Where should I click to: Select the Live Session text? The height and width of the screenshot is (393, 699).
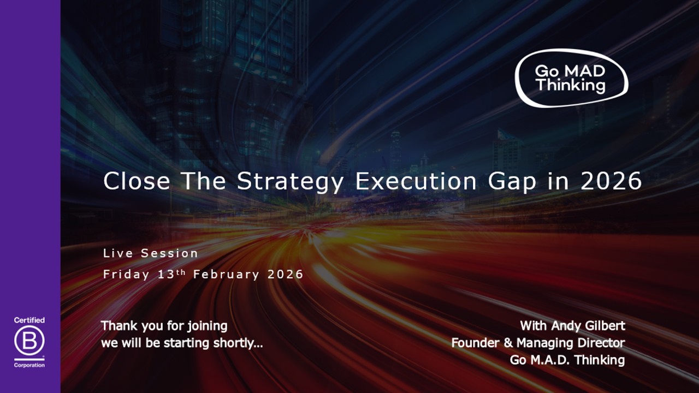[151, 253]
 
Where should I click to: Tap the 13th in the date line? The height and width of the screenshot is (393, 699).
[171, 274]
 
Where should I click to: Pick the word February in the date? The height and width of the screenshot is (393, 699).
[226, 275]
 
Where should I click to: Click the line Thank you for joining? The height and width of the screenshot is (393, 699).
[164, 326]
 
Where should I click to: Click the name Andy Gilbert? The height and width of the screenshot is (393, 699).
[588, 326]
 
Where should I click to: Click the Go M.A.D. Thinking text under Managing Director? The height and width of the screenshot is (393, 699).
[567, 360]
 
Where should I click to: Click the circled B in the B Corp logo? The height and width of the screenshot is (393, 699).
[29, 342]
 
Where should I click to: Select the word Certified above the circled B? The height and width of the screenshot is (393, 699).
[29, 320]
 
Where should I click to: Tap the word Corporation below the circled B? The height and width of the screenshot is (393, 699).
[29, 365]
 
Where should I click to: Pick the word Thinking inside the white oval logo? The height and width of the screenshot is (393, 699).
[570, 86]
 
